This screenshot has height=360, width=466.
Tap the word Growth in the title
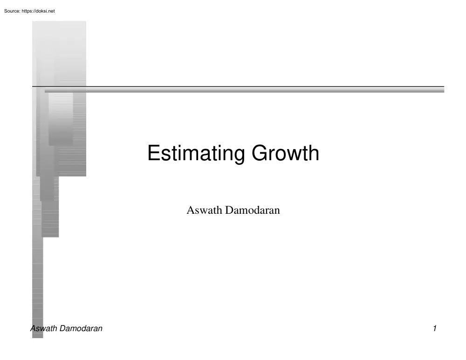tap(286, 154)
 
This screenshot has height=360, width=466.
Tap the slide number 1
tap(434, 328)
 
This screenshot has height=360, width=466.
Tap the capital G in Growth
tap(260, 154)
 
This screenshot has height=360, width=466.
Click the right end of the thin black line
tap(443, 86)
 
